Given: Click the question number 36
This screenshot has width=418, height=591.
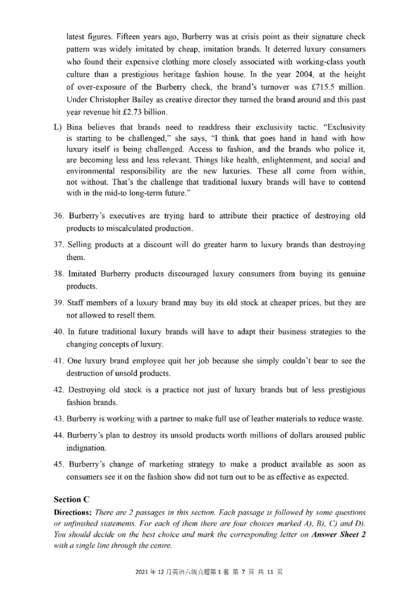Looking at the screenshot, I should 59,216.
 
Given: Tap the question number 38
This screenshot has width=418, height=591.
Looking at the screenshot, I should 59,274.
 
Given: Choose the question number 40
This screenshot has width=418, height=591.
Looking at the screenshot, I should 59,332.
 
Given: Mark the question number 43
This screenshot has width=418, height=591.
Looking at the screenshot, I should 59,419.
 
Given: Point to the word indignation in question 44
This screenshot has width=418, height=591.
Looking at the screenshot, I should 86,447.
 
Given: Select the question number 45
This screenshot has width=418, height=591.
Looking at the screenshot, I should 59,464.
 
